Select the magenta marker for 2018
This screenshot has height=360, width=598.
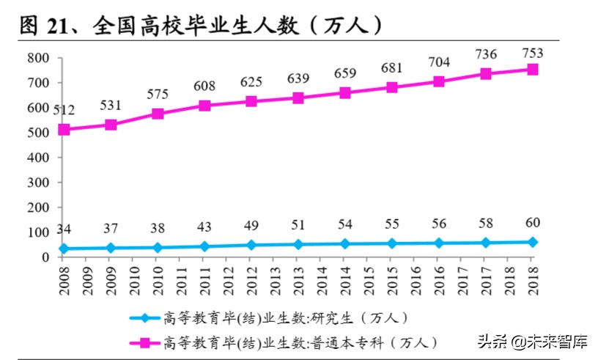click(x=533, y=70)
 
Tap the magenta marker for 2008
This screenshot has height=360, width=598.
click(x=64, y=130)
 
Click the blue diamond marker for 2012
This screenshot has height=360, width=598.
click(x=251, y=245)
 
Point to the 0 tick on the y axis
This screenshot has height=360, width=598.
click(x=45, y=257)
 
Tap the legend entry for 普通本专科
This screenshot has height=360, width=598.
click(x=293, y=342)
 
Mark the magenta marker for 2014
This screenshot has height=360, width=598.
click(x=345, y=93)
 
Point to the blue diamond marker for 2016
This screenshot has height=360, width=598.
click(x=439, y=243)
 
